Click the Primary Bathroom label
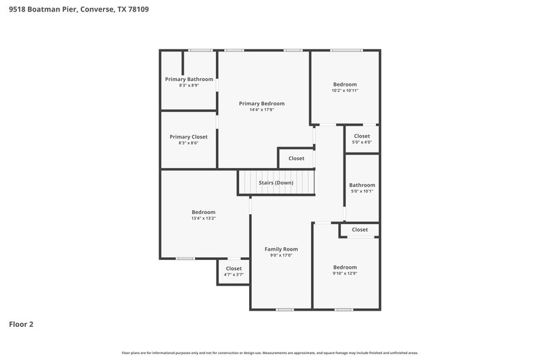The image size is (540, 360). (189, 79)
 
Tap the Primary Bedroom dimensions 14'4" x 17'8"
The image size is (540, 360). (262, 109)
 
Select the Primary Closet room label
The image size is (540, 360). (188, 136)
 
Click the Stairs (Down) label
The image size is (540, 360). (276, 183)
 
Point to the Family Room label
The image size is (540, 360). (281, 249)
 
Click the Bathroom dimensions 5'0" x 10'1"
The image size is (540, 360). (362, 191)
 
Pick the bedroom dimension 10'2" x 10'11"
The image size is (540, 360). (345, 91)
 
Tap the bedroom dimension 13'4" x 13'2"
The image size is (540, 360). (203, 218)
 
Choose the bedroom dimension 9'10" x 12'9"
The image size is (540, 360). (345, 273)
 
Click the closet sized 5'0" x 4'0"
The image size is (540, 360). (362, 142)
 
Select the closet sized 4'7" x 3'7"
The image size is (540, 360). (234, 274)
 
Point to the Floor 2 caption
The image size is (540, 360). (21, 324)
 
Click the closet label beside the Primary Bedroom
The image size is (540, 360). (296, 159)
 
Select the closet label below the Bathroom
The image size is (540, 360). (360, 230)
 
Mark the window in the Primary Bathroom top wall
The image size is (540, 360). (200, 50)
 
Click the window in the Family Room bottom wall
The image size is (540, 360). (284, 309)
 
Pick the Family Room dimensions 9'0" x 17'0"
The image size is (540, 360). (281, 255)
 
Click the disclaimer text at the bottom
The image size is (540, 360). (270, 353)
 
